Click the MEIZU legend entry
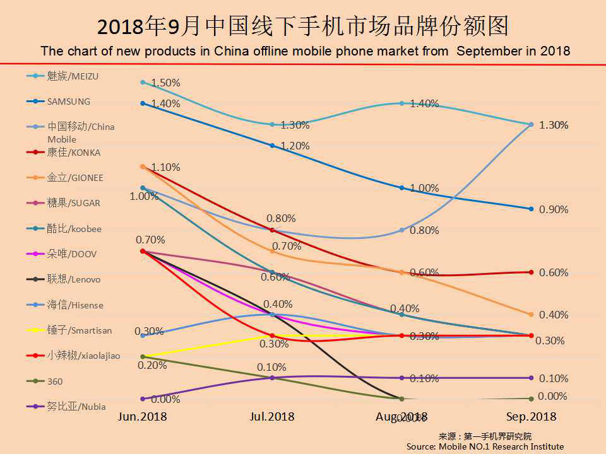pos(73,76)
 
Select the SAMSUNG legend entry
pos(68,102)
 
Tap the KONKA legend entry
pos(73,153)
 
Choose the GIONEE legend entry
pos(74,178)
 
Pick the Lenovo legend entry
pos(73,279)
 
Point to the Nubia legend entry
pos(76,407)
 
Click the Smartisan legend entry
pos(78,330)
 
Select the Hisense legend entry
pos(74,305)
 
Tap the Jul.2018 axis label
pos(271,417)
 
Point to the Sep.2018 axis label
pos(531,417)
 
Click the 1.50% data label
pos(166,83)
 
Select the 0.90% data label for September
pos(554,209)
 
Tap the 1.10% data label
pos(166,168)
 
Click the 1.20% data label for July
pos(295,146)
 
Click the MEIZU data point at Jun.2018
pos(143,82)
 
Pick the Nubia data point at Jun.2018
pos(143,399)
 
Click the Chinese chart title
pos(303,26)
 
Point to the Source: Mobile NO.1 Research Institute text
pos(485,446)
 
